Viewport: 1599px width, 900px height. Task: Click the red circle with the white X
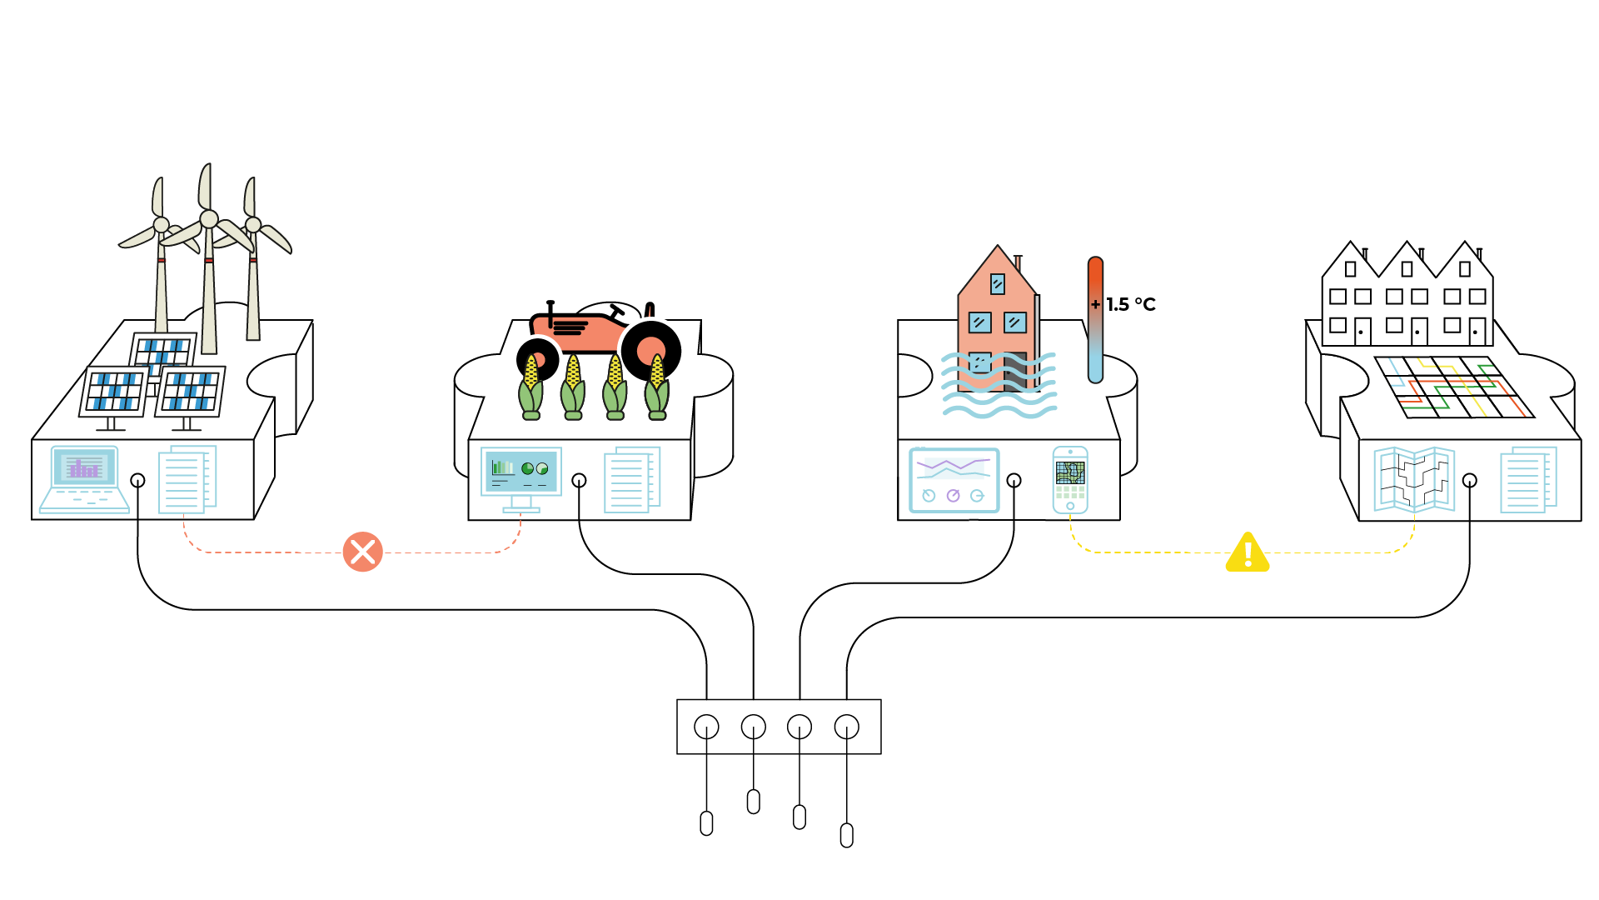(362, 552)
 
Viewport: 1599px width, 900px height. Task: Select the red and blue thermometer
(1095, 320)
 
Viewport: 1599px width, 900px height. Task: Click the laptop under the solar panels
(84, 479)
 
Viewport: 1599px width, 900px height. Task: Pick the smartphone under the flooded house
(1070, 480)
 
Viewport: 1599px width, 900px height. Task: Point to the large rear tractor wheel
(650, 351)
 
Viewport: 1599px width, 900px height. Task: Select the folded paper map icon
(1413, 479)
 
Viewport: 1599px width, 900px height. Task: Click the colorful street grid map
(1454, 387)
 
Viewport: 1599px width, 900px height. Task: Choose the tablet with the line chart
(954, 480)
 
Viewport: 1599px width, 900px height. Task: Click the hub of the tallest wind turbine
(209, 219)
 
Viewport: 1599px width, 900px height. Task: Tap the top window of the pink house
(997, 284)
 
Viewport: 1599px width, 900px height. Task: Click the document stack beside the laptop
(187, 478)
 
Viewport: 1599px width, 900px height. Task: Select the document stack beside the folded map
(1527, 479)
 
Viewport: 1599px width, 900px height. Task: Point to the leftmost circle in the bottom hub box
(706, 727)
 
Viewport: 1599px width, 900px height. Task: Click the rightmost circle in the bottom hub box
(846, 727)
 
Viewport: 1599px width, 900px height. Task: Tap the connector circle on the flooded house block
(1014, 480)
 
